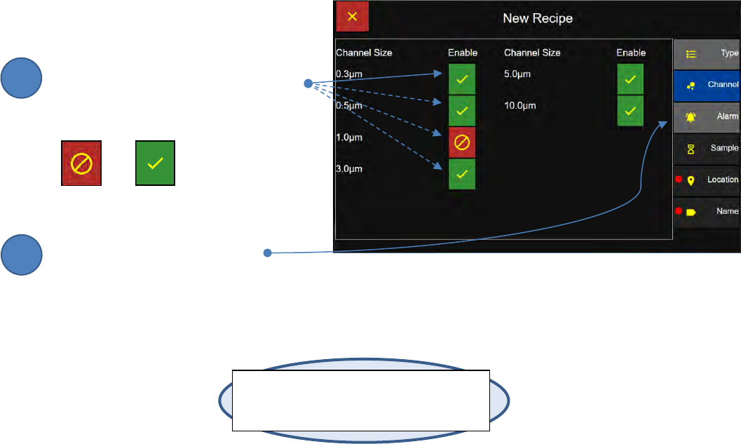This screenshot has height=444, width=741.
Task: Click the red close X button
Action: tap(352, 17)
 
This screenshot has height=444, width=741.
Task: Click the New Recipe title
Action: tap(538, 18)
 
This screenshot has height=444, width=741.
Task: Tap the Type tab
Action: tap(707, 53)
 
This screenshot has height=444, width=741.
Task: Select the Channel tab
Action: tap(707, 85)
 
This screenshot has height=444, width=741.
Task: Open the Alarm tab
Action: tap(707, 117)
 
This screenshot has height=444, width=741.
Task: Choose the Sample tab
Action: tap(707, 149)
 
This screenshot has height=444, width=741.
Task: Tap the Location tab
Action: tap(707, 180)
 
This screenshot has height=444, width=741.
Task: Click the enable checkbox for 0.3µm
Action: tap(462, 79)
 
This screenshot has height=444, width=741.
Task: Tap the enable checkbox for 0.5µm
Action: tap(462, 111)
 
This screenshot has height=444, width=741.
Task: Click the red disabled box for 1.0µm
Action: tap(462, 142)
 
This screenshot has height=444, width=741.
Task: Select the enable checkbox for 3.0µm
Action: tap(462, 174)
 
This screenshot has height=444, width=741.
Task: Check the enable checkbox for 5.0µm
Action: tap(630, 79)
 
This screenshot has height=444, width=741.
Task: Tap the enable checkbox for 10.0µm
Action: tap(630, 111)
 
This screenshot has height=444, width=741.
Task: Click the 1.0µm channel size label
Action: tap(349, 137)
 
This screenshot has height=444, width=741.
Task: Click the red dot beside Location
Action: tap(679, 180)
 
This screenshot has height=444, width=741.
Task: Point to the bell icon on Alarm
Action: tap(691, 117)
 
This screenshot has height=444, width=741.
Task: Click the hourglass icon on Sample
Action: tap(691, 149)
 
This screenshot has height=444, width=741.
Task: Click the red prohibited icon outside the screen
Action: tap(82, 164)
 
